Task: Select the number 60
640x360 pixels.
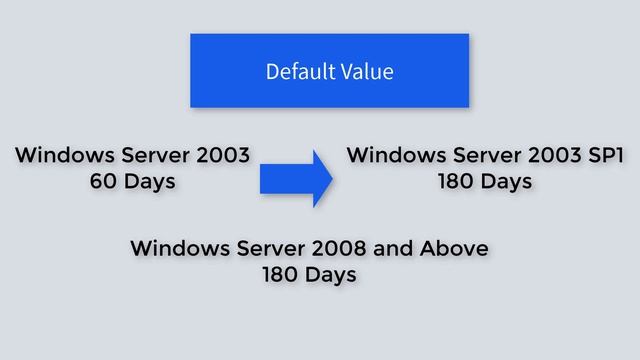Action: tap(104, 182)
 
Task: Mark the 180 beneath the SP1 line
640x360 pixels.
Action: tap(454, 182)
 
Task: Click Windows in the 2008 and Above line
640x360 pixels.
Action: tap(178, 248)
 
